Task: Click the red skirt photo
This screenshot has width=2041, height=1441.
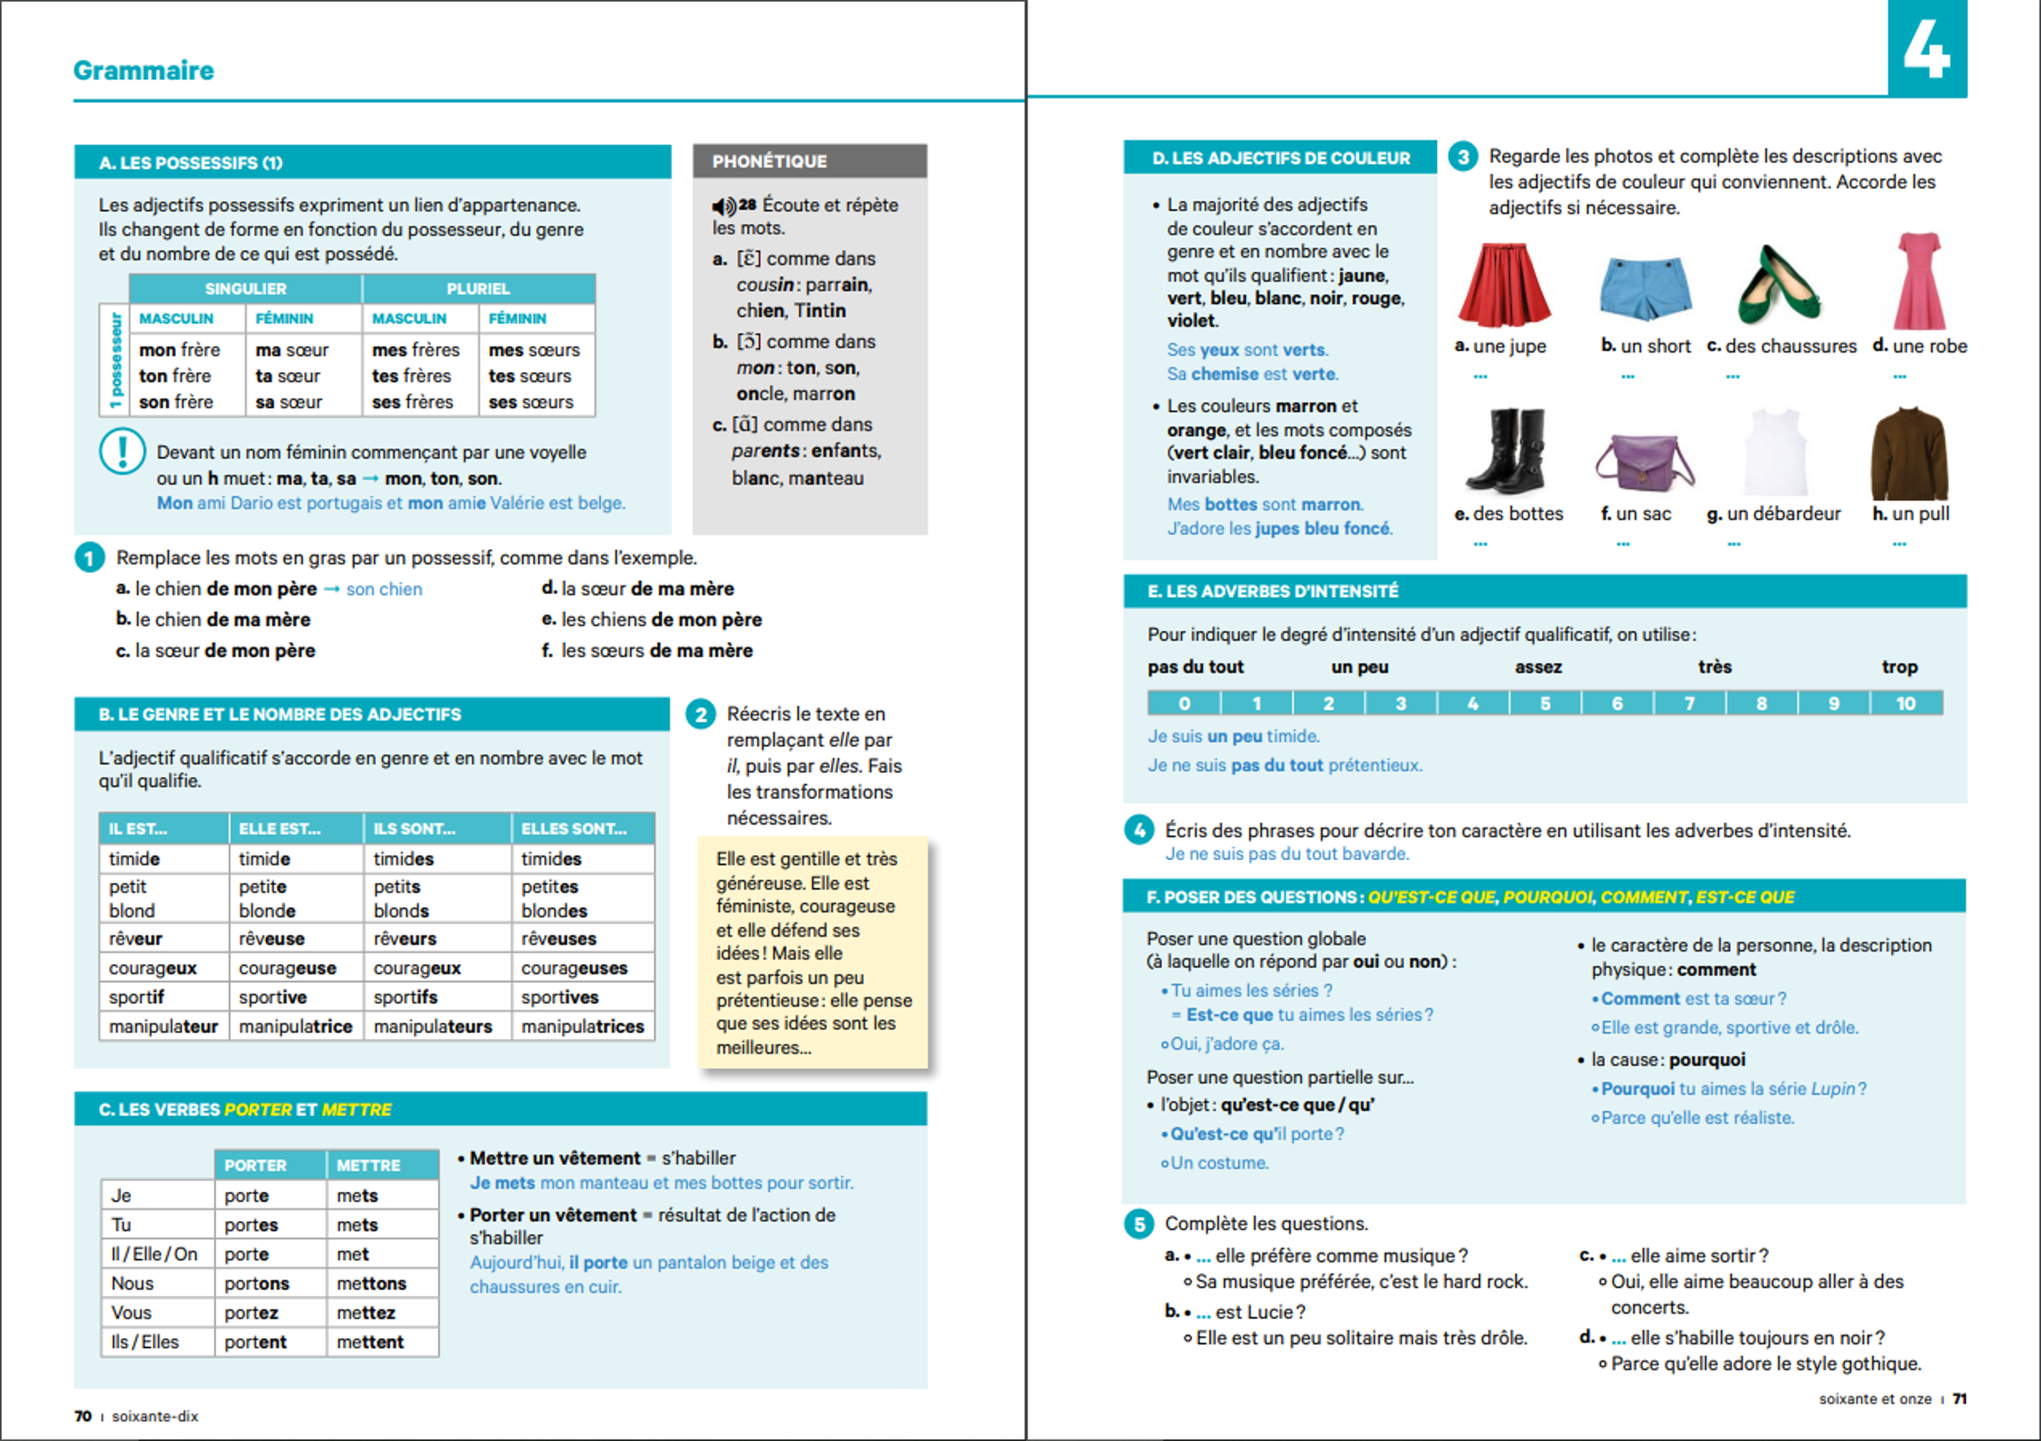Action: [1504, 285]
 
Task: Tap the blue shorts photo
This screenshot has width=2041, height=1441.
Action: [1645, 287]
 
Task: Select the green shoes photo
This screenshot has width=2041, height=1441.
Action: [1780, 285]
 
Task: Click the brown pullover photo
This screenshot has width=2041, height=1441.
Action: [1909, 454]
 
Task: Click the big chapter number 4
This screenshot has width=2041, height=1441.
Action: [1926, 49]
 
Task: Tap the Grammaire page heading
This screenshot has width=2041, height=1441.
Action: [144, 70]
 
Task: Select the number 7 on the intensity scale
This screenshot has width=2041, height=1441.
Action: [1689, 703]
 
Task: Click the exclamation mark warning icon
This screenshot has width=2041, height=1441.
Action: [122, 451]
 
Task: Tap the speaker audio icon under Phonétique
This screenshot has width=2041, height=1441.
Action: [724, 206]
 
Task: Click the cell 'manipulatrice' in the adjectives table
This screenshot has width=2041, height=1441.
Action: [295, 1027]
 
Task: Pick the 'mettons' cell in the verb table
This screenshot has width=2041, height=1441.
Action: [371, 1284]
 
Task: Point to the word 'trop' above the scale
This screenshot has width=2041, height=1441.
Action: [1899, 667]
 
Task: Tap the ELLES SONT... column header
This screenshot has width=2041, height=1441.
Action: [573, 829]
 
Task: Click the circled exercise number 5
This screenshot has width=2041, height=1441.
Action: [1139, 1224]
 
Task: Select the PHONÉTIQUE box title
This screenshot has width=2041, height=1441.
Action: [770, 161]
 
